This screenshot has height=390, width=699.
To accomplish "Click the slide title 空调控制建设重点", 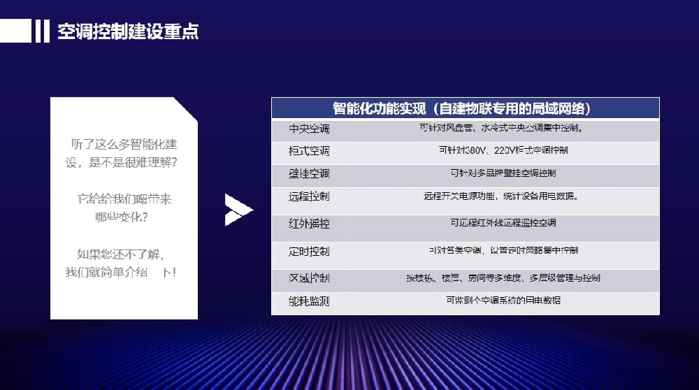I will click(x=128, y=31).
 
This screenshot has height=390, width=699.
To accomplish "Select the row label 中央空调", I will click(x=309, y=129).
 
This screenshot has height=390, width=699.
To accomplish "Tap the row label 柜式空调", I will click(x=309, y=151).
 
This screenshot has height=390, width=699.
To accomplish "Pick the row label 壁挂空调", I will click(x=309, y=173).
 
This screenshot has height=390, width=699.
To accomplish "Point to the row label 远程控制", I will click(x=309, y=196).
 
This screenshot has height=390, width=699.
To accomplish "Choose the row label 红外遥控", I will click(x=309, y=224).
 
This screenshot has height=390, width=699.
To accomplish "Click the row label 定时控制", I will click(x=309, y=251).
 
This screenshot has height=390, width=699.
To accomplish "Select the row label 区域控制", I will click(x=309, y=278).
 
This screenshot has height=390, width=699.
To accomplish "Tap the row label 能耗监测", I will click(x=309, y=301).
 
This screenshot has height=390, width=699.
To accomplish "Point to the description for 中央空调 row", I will click(x=501, y=129).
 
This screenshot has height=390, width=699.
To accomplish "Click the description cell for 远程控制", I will click(x=500, y=196).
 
